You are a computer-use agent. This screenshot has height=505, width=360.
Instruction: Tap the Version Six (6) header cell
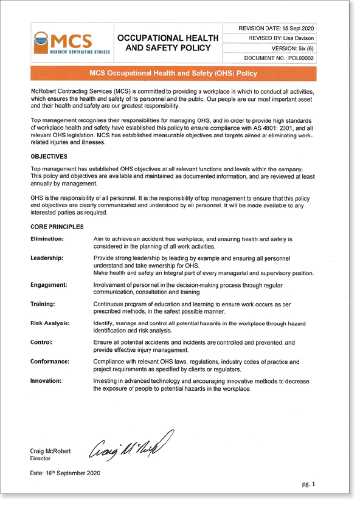286,48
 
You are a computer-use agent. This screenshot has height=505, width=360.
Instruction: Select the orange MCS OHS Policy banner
173,74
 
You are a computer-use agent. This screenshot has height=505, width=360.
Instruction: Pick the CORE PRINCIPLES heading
57,227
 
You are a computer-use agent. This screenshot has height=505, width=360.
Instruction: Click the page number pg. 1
310,484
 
